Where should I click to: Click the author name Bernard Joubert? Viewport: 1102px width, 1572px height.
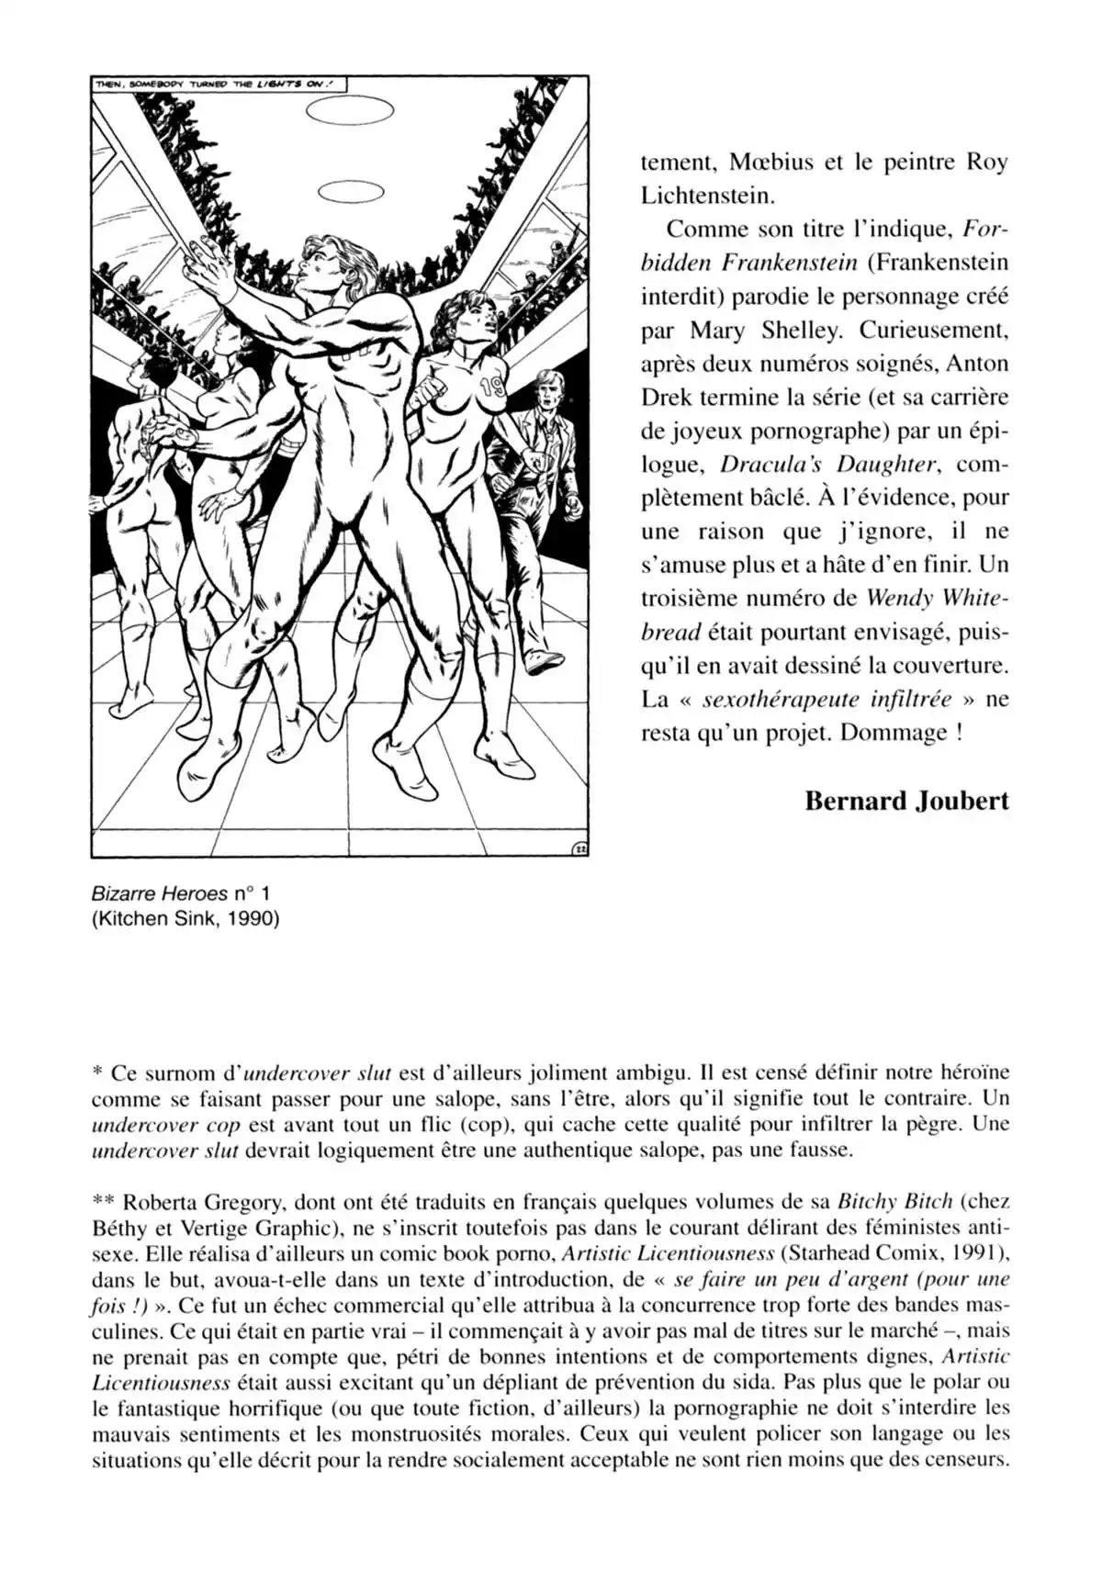pyautogui.click(x=906, y=801)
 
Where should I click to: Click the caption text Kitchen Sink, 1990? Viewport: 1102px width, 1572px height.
pyautogui.click(x=185, y=917)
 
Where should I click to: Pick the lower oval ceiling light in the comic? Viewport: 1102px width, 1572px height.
pyautogui.click(x=350, y=193)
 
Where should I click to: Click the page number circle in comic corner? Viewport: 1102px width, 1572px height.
pyautogui.click(x=579, y=848)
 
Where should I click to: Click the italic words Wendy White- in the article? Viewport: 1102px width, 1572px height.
pyautogui.click(x=938, y=599)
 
